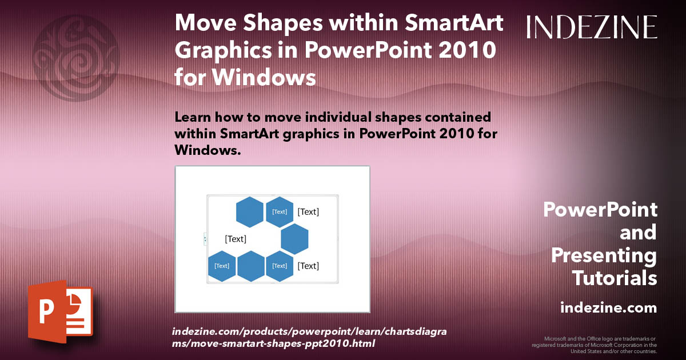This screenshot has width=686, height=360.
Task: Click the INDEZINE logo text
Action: click(592, 27)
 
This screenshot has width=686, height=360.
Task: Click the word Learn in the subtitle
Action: click(196, 117)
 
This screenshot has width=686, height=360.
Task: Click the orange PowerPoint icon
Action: click(59, 311)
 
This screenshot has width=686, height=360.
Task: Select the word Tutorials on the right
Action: click(615, 278)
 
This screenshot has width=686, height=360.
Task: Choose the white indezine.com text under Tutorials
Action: click(609, 308)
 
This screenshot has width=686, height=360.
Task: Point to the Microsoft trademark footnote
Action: click(595, 345)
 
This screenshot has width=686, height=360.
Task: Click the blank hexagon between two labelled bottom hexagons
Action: click(250, 266)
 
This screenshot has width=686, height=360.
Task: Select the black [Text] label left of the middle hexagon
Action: click(236, 239)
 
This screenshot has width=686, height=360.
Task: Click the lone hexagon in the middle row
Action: click(294, 239)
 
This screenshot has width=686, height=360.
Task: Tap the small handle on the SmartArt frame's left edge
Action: click(205, 239)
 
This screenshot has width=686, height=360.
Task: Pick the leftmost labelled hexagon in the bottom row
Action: click(222, 266)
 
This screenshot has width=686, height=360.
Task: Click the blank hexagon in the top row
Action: click(250, 212)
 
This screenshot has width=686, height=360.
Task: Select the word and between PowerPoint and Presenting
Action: click(639, 233)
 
